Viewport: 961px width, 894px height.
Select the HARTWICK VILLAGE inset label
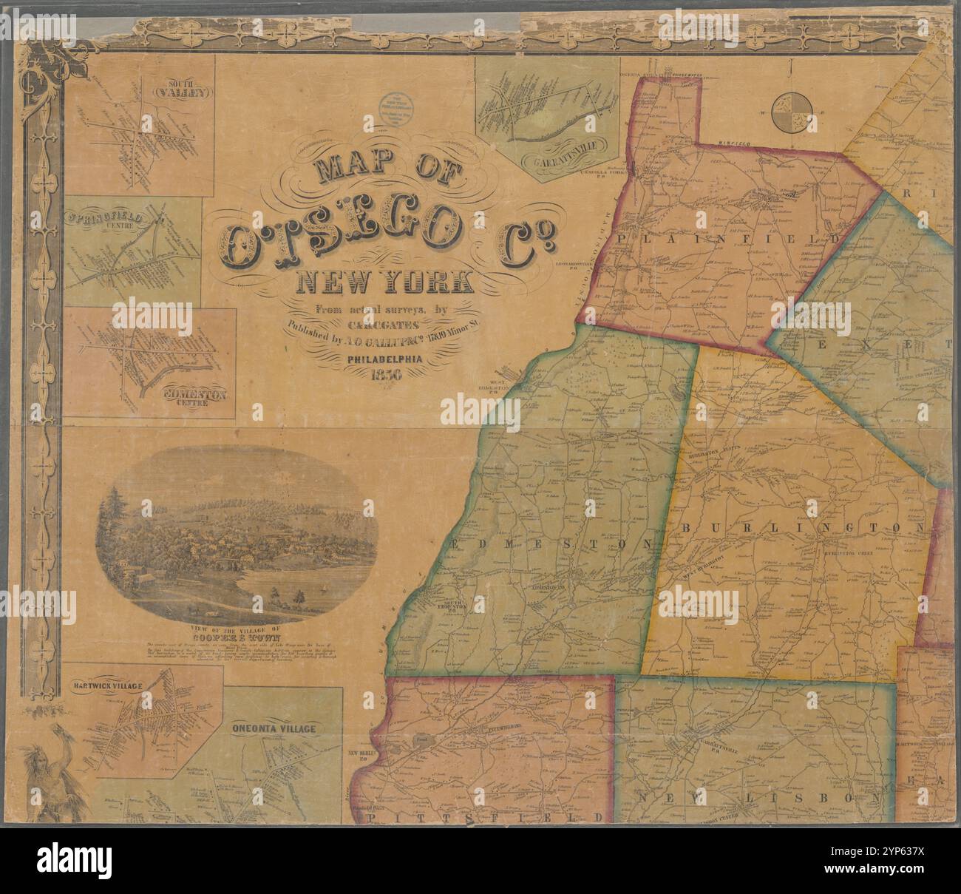[109, 685]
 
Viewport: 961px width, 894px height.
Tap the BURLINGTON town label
[801, 528]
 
